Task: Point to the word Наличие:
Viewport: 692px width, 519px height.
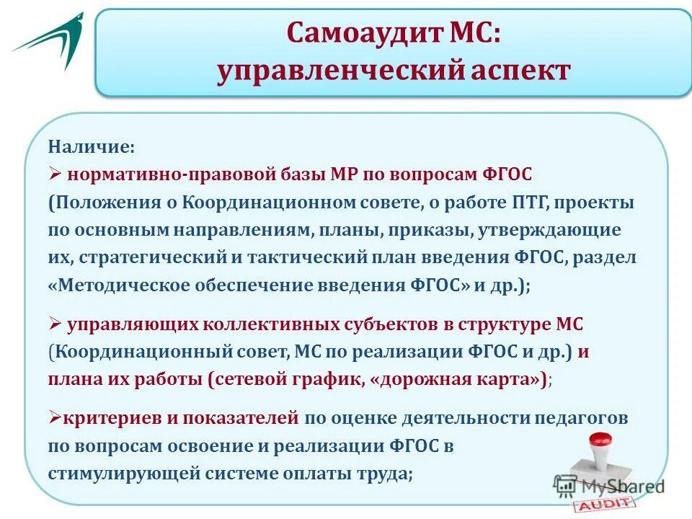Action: pos(91,147)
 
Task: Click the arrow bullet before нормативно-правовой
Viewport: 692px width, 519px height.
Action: pos(56,175)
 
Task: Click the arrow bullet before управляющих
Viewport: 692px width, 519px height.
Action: pos(56,325)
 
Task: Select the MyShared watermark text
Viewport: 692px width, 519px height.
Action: pos(627,487)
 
